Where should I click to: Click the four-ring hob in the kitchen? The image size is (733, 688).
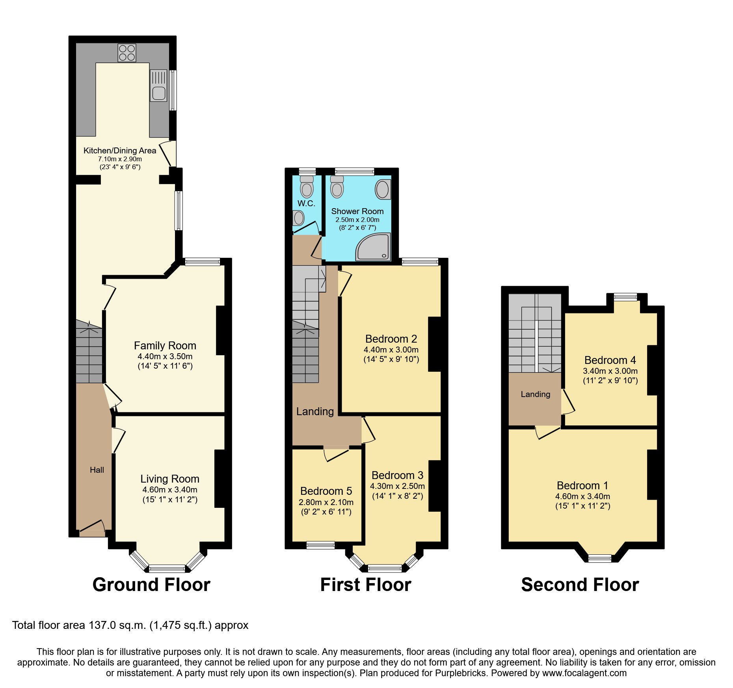click(127, 53)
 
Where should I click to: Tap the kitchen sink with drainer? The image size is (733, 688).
click(158, 86)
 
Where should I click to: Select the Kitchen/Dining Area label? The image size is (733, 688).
click(120, 151)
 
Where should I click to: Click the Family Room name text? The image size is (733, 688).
click(165, 346)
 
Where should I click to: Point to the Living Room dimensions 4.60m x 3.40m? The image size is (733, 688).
click(170, 490)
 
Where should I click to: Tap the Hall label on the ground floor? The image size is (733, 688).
click(97, 470)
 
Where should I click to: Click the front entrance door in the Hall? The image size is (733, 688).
click(92, 527)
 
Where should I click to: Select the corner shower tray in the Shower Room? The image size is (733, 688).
click(373, 247)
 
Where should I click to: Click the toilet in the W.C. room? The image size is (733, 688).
click(307, 187)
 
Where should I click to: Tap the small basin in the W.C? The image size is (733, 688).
click(298, 218)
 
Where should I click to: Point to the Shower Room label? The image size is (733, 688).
click(357, 211)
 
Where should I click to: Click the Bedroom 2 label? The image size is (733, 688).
click(391, 339)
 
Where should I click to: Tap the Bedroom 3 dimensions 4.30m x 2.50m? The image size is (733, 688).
click(397, 486)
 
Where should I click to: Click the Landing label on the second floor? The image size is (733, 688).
click(535, 394)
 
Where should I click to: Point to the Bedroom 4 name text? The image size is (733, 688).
click(610, 360)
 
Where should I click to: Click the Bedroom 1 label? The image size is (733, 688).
click(582, 486)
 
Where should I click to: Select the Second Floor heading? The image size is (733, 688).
click(580, 585)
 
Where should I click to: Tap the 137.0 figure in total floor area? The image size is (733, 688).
click(102, 625)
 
